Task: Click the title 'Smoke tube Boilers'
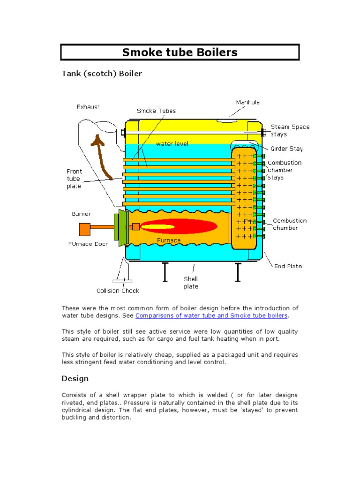tap(180, 52)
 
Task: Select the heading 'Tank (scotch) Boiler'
tap(102, 74)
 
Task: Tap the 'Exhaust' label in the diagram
tap(88, 107)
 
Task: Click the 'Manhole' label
tap(247, 102)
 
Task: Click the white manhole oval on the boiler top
tap(227, 120)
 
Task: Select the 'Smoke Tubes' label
tap(156, 111)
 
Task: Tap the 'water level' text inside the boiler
tap(172, 144)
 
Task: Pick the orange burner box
tap(84, 229)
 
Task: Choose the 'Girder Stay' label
tap(286, 149)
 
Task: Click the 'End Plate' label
tap(288, 266)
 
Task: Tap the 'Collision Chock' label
tap(118, 291)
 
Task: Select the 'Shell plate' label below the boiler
tap(191, 283)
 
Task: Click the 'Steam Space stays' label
tap(290, 130)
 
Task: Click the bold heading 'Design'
tap(75, 378)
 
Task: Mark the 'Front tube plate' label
tap(74, 179)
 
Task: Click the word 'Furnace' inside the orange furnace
tap(169, 240)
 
